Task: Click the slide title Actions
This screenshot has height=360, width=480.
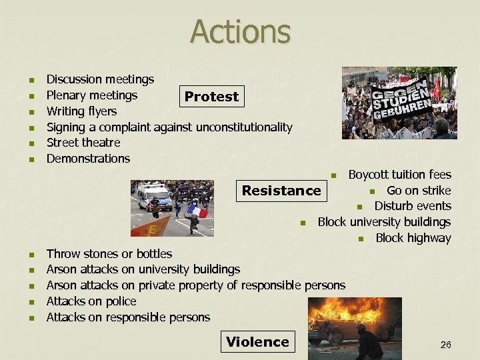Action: [240, 31]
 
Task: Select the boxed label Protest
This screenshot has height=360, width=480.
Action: [211, 97]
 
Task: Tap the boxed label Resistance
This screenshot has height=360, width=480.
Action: [281, 191]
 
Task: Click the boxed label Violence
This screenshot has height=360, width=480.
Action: [257, 342]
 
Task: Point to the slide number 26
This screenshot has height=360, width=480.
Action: [445, 345]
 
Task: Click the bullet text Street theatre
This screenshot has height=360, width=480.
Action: [83, 143]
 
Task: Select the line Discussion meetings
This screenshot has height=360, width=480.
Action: [100, 80]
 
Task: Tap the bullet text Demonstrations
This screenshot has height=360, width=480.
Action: [88, 159]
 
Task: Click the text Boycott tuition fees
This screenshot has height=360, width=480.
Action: [399, 175]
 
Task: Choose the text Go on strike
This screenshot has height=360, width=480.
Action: [419, 191]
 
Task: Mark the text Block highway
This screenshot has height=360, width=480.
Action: [413, 238]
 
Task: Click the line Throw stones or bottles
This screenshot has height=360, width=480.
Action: [109, 254]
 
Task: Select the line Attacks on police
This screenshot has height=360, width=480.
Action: [91, 301]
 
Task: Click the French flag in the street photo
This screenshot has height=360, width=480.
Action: [197, 211]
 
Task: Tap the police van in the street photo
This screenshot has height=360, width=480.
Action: [154, 196]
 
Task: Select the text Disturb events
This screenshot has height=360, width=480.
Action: [412, 207]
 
